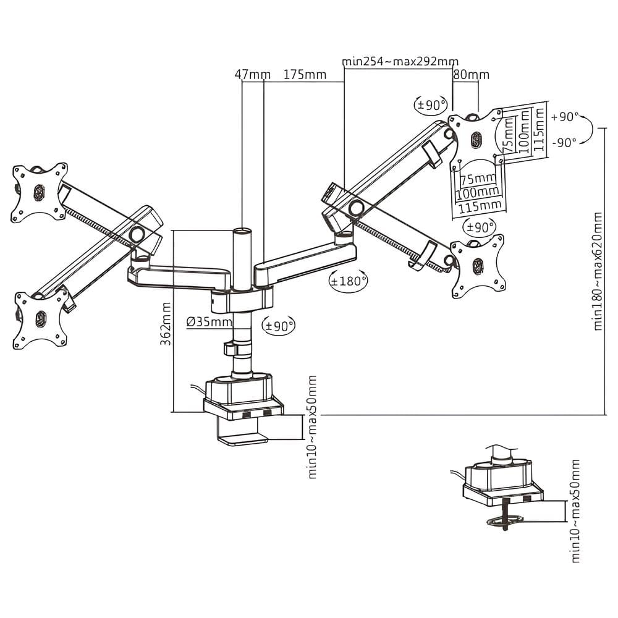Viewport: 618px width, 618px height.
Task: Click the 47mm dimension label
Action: (252, 75)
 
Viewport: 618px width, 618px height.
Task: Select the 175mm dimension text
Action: (305, 75)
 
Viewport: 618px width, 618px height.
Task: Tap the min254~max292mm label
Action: (400, 62)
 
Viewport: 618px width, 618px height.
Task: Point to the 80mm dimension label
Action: (471, 75)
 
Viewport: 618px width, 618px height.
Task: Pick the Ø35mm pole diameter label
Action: (210, 321)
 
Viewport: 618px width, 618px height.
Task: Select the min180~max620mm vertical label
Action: (598, 271)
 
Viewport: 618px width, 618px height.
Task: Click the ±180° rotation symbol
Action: (349, 281)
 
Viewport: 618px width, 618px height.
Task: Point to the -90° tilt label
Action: (565, 142)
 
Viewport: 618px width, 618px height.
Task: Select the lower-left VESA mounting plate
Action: (41, 318)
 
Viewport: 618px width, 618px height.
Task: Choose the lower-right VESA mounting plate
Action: (477, 266)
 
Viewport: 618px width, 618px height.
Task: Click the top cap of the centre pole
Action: (242, 231)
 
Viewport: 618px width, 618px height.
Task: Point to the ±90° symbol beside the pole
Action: (278, 325)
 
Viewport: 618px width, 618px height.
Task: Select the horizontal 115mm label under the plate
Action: (480, 205)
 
